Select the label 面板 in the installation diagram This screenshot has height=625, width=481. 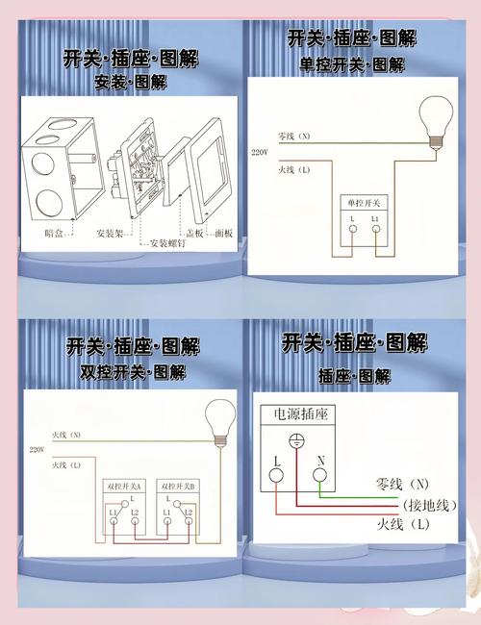223,233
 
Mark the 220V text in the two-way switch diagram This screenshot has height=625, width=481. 37,449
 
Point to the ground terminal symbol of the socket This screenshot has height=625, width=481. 297,443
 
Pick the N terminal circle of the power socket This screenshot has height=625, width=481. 319,474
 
